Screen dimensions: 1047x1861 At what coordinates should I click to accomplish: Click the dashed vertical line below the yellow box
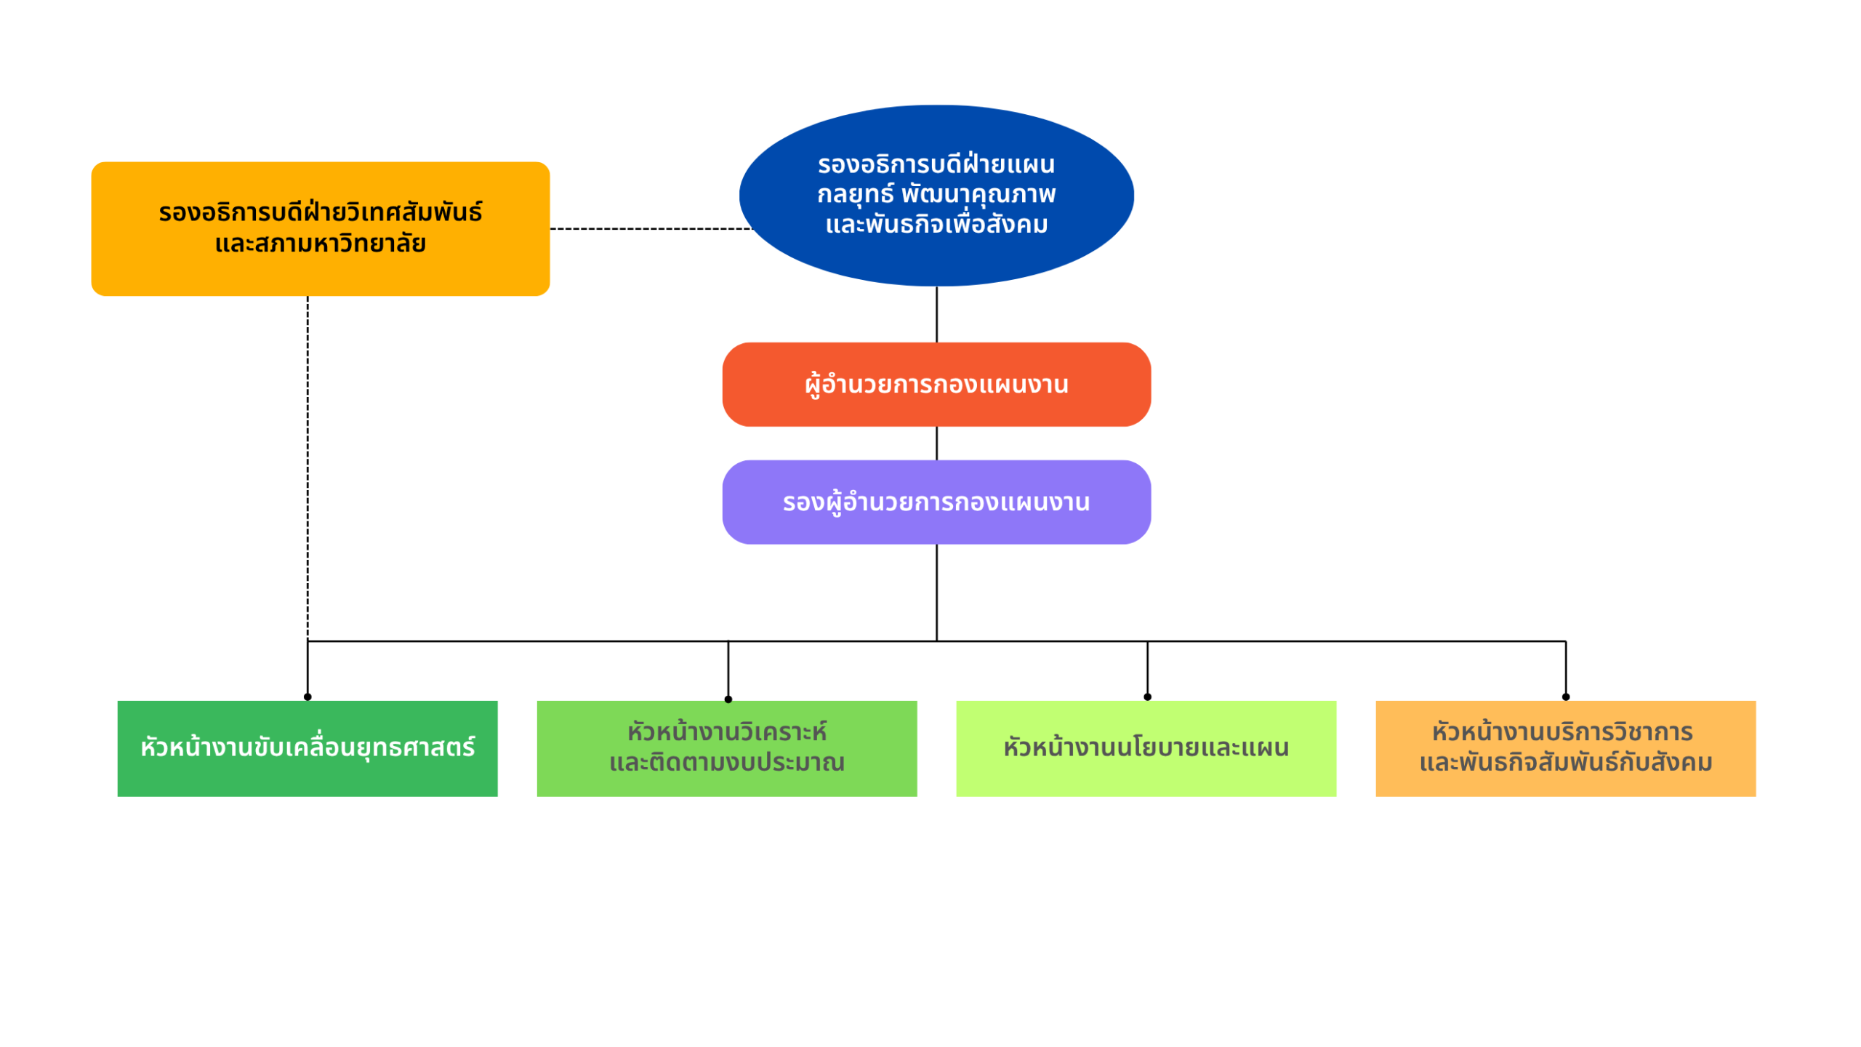point(308,465)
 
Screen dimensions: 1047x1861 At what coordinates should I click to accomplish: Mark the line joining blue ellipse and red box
point(936,314)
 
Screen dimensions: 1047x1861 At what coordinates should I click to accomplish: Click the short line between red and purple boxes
point(936,443)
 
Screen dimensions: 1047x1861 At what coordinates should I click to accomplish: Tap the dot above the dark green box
point(308,697)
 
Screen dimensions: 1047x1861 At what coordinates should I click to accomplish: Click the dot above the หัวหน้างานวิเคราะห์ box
point(728,699)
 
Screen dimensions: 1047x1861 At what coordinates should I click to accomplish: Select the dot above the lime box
point(1147,697)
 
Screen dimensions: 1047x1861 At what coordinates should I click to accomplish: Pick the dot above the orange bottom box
point(1565,697)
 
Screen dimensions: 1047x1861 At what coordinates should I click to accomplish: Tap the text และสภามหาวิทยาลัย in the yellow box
point(320,244)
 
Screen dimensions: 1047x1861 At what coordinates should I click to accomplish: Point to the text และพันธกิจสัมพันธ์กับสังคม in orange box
point(1565,763)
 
